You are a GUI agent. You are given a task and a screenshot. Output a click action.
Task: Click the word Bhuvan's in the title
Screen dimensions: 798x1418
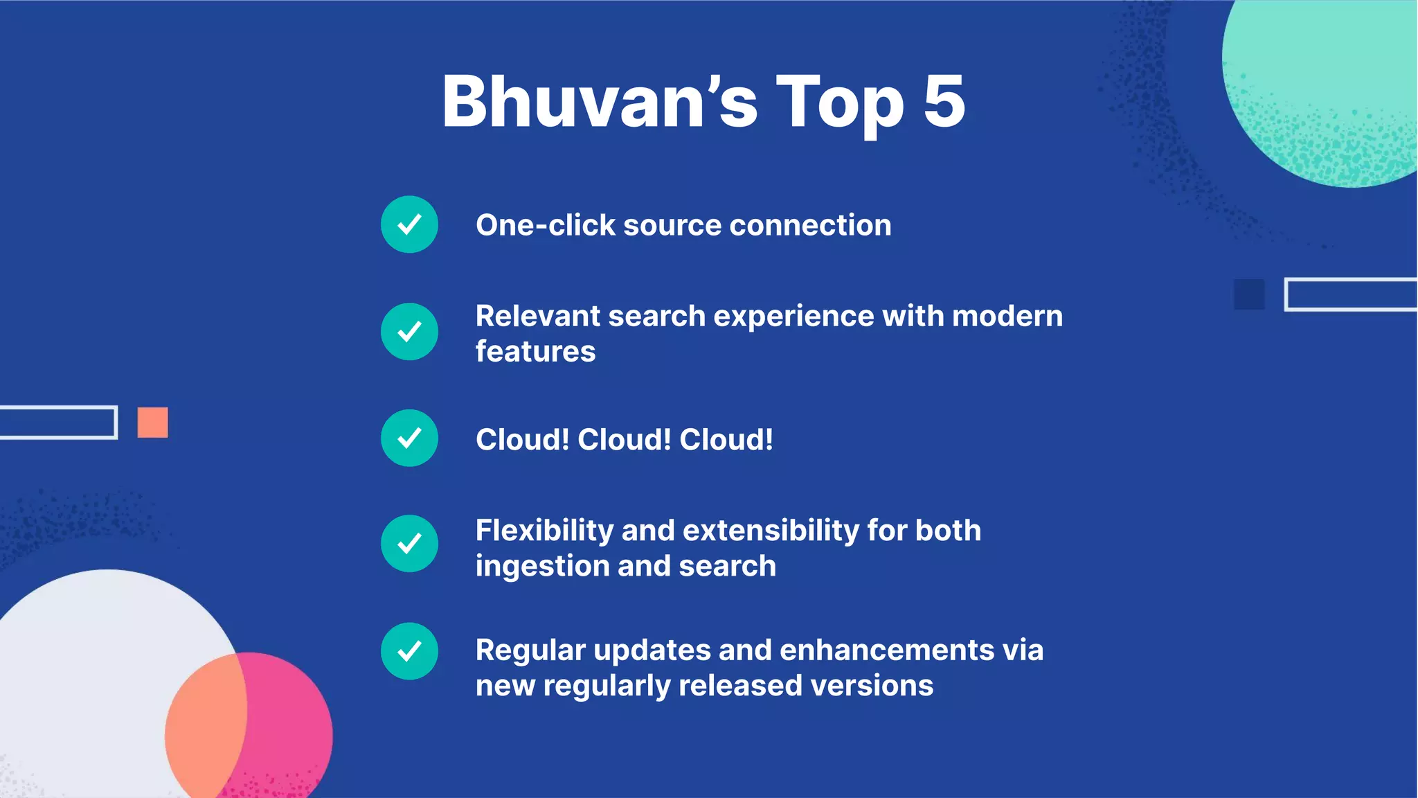click(600, 103)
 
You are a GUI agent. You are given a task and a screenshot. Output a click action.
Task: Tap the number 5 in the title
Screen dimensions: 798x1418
click(944, 103)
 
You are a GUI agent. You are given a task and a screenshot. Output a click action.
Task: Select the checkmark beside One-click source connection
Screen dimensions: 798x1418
click(409, 224)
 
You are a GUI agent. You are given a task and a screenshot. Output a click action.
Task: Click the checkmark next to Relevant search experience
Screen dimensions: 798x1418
click(409, 332)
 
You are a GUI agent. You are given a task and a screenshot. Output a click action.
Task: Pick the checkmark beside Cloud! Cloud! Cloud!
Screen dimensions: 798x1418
click(409, 438)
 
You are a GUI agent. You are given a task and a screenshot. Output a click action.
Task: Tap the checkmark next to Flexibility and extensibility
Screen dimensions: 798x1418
click(409, 544)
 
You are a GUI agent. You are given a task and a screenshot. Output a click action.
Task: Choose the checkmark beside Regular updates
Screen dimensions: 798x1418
click(409, 651)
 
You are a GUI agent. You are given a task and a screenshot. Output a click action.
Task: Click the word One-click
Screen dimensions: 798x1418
click(546, 225)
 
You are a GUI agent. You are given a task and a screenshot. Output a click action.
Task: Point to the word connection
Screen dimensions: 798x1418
click(810, 225)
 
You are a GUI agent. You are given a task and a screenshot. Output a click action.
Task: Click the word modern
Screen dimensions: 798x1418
click(1007, 317)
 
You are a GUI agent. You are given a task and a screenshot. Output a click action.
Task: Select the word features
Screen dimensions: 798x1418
click(535, 352)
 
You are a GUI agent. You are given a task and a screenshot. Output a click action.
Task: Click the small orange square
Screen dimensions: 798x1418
click(152, 423)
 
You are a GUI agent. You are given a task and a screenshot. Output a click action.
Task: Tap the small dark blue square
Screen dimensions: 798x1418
click(1248, 294)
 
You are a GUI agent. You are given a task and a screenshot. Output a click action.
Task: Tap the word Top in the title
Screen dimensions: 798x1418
click(839, 103)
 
